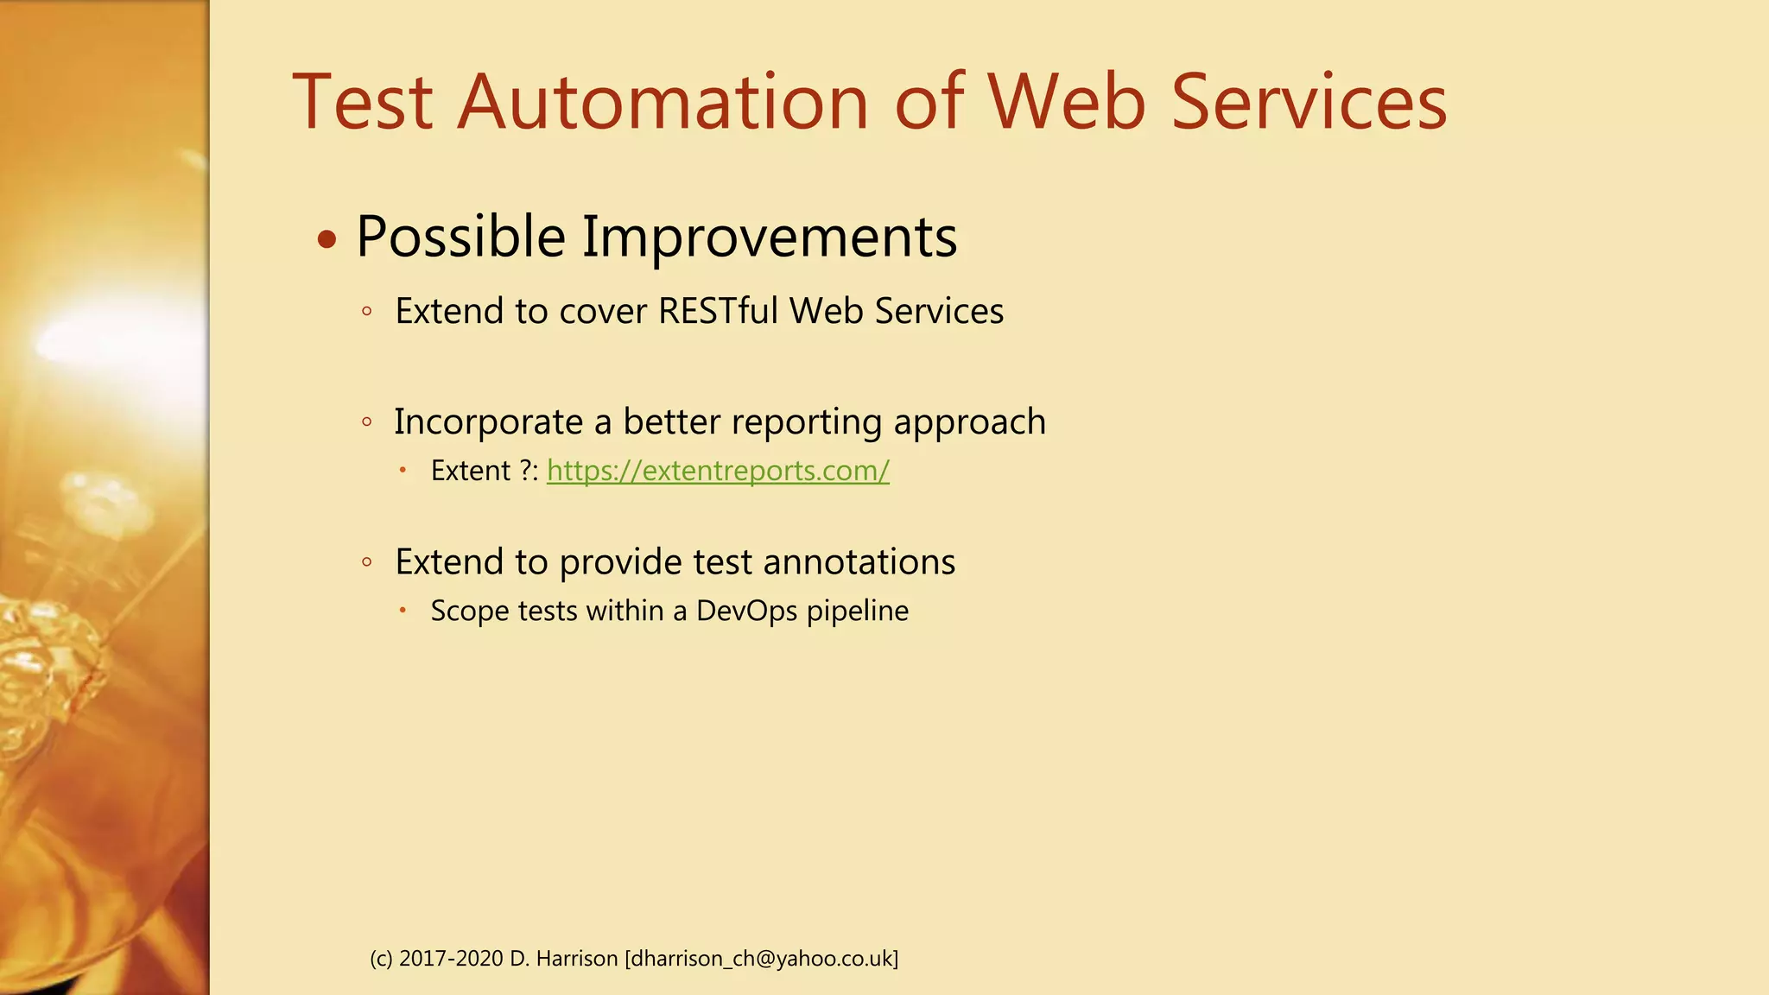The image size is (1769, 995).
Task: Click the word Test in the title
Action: click(x=362, y=103)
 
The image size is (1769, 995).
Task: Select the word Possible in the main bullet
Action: click(x=460, y=238)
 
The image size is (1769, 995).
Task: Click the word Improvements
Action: click(x=769, y=238)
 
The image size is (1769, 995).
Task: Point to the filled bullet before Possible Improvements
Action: click(x=327, y=239)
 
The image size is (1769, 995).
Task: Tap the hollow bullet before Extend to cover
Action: click(x=367, y=312)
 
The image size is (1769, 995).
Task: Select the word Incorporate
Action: click(x=488, y=422)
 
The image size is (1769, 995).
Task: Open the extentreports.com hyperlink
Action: click(x=718, y=471)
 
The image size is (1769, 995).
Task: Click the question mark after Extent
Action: click(x=524, y=471)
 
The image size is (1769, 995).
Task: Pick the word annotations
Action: click(x=859, y=562)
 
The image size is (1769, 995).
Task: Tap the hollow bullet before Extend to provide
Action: click(x=367, y=562)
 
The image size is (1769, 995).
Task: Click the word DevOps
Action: click(x=746, y=611)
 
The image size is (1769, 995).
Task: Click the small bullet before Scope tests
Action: click(x=403, y=610)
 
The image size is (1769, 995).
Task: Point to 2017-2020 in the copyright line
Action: click(x=450, y=959)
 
